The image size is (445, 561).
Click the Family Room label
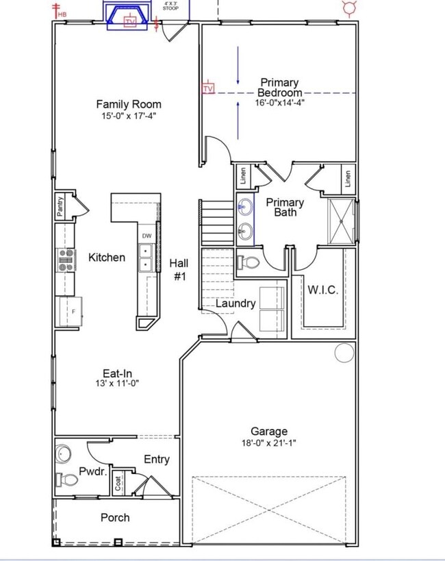129,105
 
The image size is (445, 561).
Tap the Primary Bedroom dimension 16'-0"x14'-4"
280,102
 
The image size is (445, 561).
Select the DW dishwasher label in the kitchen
147,236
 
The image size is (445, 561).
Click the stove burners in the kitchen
66,260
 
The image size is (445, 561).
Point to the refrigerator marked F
71,311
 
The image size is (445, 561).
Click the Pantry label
60,206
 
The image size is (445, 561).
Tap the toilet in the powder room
67,479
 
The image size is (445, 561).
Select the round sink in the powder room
63,454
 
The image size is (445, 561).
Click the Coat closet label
118,484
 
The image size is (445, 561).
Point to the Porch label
115,517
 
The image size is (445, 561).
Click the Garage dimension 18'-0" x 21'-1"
268,443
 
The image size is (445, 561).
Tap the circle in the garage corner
344,352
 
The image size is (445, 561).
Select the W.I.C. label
322,290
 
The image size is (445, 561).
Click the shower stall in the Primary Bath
341,221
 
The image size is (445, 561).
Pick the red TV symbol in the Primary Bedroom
208,88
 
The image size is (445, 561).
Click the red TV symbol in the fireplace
130,22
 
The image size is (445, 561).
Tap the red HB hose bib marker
60,11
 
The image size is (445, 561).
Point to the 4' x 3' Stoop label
170,5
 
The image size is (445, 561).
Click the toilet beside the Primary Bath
248,262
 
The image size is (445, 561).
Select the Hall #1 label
179,270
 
